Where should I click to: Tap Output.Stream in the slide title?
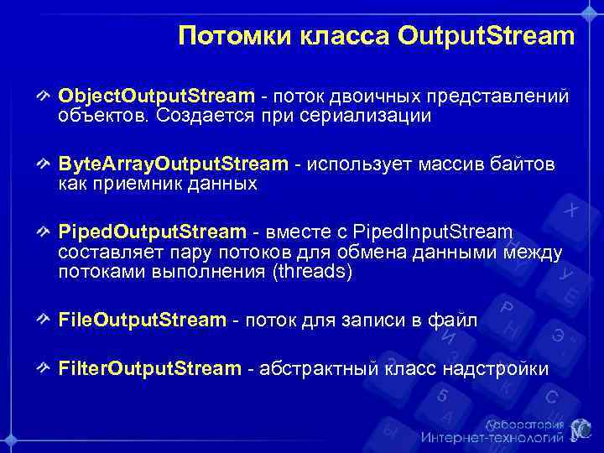(x=487, y=37)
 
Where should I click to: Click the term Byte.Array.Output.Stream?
(x=173, y=164)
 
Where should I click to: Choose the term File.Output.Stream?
(x=143, y=319)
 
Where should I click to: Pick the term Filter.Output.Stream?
(x=149, y=368)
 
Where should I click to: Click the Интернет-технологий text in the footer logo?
(x=492, y=437)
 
